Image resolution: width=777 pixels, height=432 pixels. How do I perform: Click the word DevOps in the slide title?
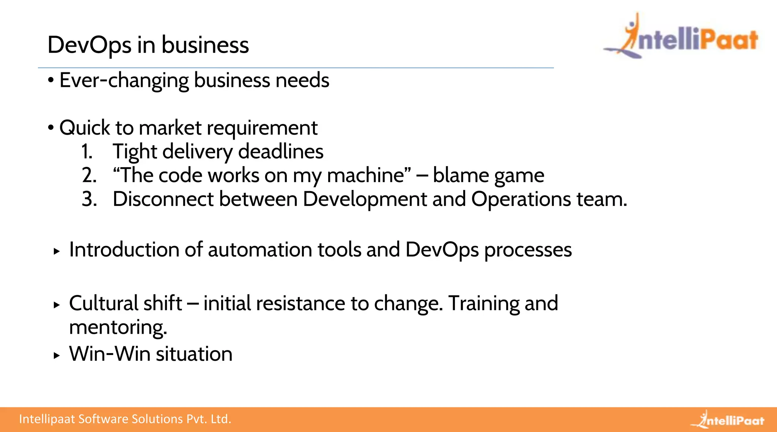coord(90,45)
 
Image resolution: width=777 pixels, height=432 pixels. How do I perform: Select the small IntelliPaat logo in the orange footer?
coord(728,419)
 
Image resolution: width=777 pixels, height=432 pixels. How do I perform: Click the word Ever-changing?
coord(124,80)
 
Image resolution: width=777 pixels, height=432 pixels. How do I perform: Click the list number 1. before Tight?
coord(87,152)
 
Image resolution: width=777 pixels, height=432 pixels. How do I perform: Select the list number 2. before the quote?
coord(89,176)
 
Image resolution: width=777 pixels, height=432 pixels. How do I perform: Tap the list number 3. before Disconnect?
coord(89,199)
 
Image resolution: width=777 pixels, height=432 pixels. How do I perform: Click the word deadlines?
coord(281,152)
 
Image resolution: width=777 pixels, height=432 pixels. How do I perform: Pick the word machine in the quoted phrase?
coord(366,176)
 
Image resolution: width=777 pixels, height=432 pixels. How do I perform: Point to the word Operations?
coord(521,200)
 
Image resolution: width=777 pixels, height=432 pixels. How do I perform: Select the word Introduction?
coord(124,250)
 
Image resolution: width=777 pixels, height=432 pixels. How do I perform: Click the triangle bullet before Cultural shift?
coord(57,305)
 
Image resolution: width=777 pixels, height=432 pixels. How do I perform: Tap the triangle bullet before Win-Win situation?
coord(57,356)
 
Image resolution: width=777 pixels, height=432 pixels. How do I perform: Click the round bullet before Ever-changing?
coord(51,80)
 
